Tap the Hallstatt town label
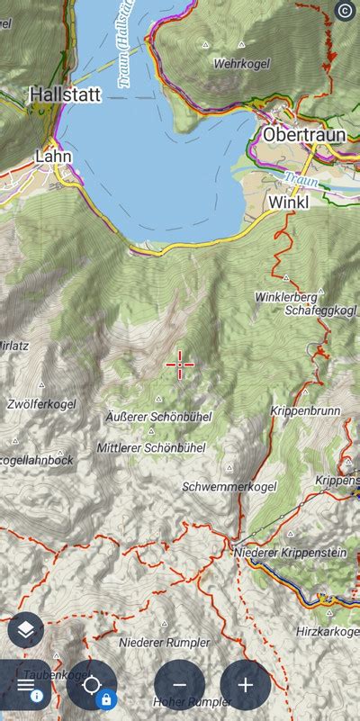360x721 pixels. tap(65, 94)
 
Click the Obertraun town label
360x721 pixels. tap(304, 134)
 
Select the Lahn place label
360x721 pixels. tap(52, 156)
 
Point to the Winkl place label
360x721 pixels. tap(288, 203)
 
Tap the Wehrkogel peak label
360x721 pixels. tap(242, 64)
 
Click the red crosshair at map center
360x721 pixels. tap(180, 365)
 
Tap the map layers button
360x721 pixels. tap(25, 630)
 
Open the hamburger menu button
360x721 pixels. tap(24, 685)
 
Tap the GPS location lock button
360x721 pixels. tap(92, 686)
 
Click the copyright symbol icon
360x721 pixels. tap(344, 11)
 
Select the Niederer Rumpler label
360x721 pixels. tap(164, 643)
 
